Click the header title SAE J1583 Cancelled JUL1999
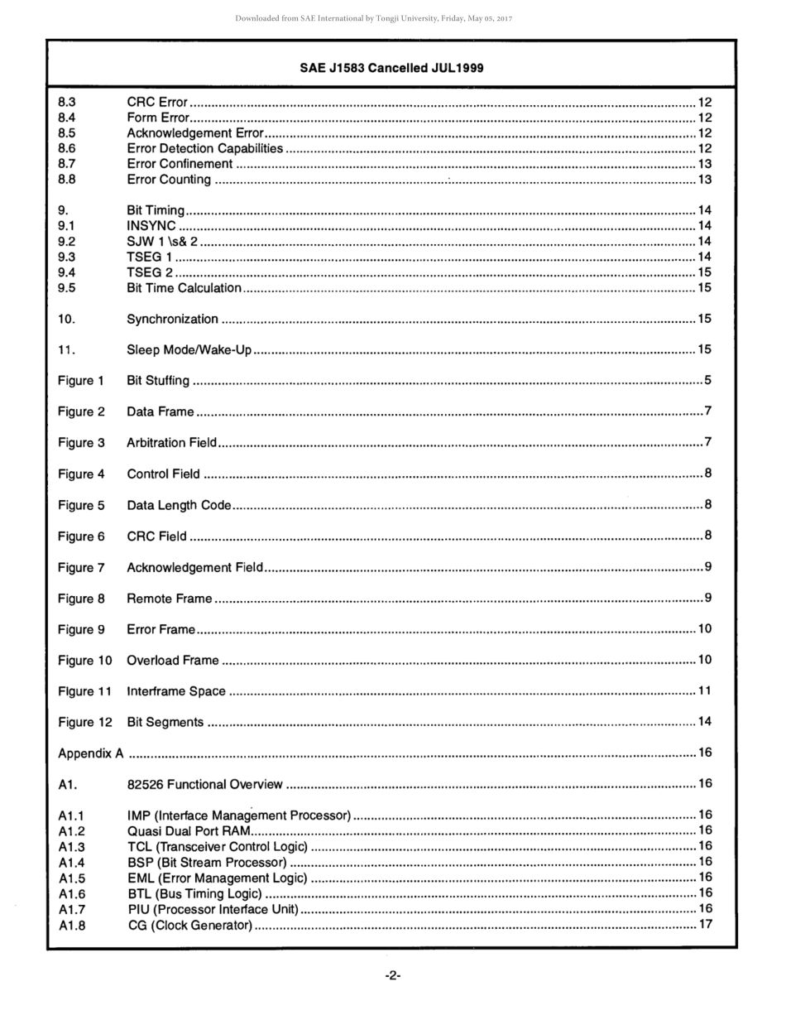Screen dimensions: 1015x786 point(391,68)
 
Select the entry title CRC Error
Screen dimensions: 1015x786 point(157,103)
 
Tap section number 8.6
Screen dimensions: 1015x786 point(67,149)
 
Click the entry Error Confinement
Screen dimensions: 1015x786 point(180,164)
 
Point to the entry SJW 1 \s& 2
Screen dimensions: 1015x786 point(162,242)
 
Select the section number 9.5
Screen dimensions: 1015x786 point(67,288)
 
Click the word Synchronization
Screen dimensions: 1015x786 point(172,319)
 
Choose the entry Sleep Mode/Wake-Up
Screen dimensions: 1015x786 point(189,350)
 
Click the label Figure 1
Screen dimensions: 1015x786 point(81,381)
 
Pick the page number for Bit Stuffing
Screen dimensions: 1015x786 point(708,381)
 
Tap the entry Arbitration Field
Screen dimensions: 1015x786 point(171,443)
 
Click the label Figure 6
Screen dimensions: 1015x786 point(81,536)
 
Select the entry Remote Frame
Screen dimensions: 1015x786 point(169,599)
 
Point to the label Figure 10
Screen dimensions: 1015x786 point(84,661)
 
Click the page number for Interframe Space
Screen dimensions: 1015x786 point(705,690)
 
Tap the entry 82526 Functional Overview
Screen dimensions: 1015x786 point(204,784)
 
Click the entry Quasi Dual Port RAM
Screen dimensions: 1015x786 point(188,830)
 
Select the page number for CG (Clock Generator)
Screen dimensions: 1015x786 point(705,924)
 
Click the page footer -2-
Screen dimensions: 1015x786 point(393,975)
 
